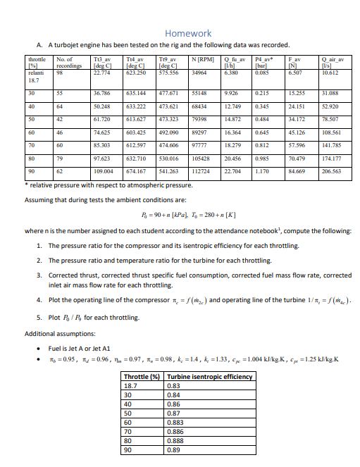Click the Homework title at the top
click(188, 33)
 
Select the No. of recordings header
click(65, 63)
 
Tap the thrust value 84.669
click(298, 171)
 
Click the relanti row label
click(36, 72)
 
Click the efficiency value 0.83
click(173, 386)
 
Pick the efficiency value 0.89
click(173, 449)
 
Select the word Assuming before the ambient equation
click(42, 199)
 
